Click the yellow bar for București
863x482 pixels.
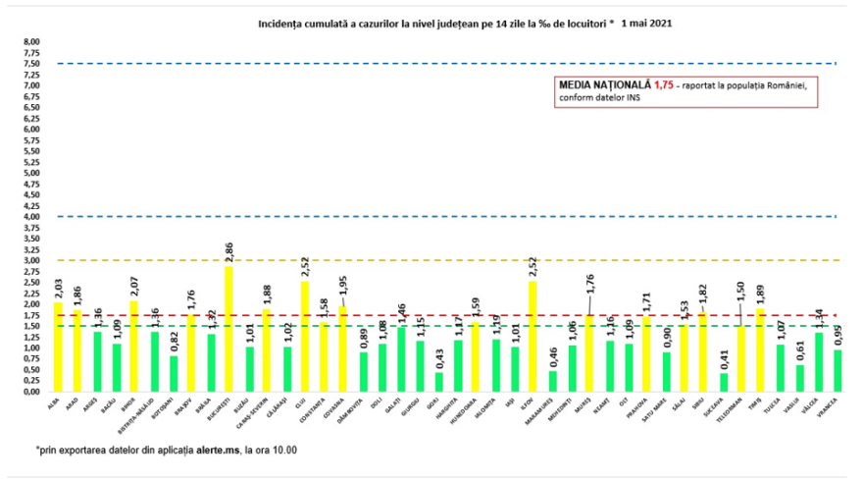click(x=228, y=328)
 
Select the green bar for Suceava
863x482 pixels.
click(x=724, y=382)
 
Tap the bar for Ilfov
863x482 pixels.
click(x=533, y=336)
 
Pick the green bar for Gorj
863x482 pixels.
click(x=438, y=381)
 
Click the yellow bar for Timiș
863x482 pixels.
click(x=761, y=349)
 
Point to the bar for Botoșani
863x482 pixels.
click(x=173, y=373)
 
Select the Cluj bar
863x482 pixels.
click(x=305, y=336)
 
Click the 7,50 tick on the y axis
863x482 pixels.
click(x=31, y=64)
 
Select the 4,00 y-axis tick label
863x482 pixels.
click(x=31, y=216)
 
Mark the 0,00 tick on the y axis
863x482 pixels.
click(x=31, y=391)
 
